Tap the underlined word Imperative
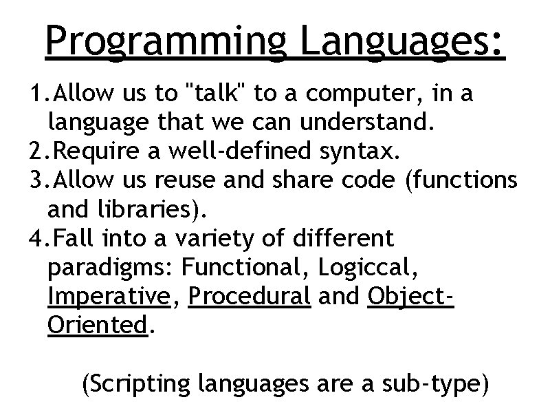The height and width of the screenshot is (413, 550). click(109, 297)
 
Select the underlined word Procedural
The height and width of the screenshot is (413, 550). click(249, 297)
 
